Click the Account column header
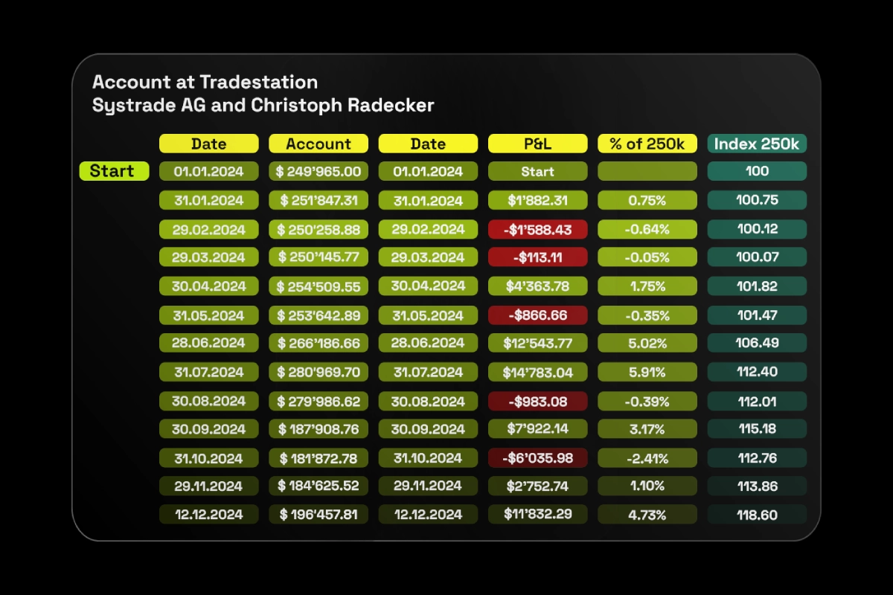pos(319,144)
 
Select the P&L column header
pos(537,144)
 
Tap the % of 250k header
pos(647,144)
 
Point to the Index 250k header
pos(757,144)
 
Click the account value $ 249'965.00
pos(319,172)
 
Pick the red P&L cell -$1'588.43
pos(537,229)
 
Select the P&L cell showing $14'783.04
pos(537,372)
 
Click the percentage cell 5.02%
pos(647,343)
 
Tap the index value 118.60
pos(757,514)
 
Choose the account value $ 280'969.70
pos(319,372)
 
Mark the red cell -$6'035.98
pos(537,457)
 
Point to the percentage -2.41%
pos(647,457)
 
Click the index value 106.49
pos(757,343)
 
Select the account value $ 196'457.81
pos(319,514)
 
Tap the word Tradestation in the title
pos(258,82)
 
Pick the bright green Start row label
pos(112,171)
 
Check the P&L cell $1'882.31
pos(537,201)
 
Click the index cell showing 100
pos(757,172)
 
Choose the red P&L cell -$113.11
pos(537,257)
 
